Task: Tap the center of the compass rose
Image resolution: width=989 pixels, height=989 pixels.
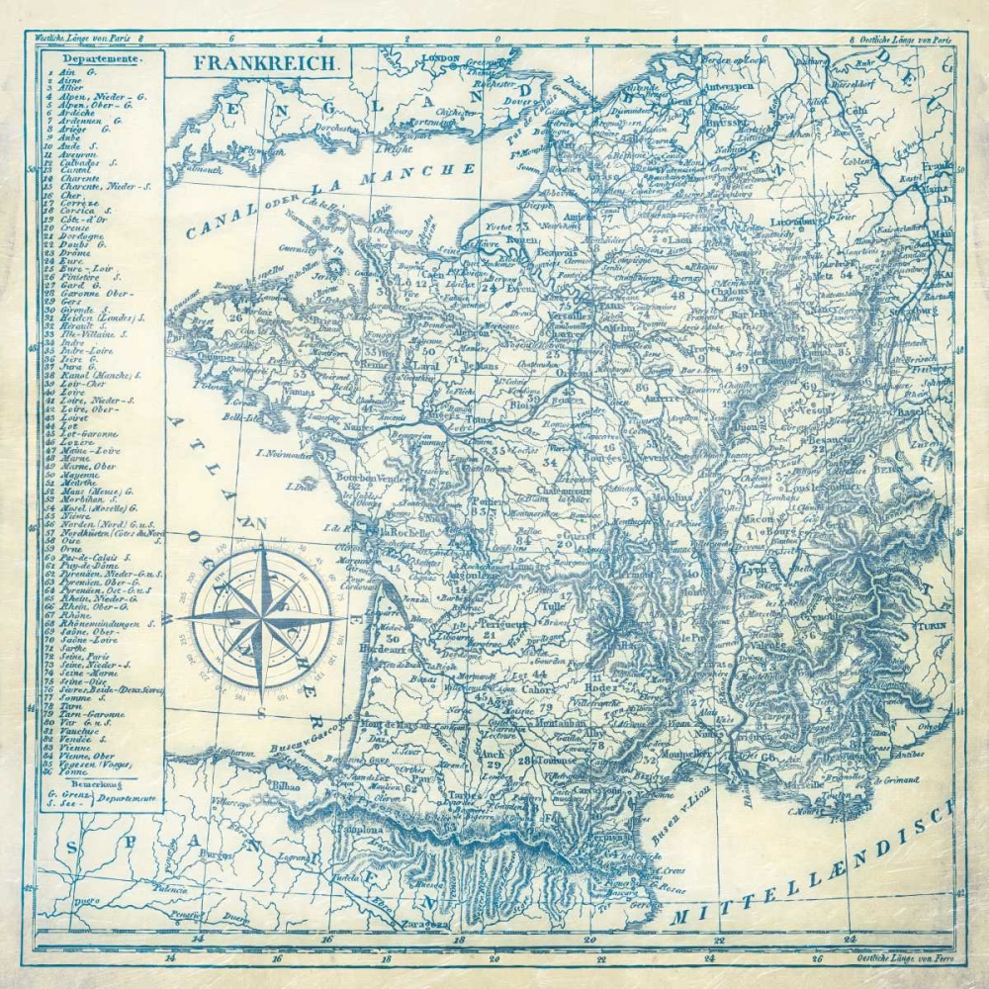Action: pyautogui.click(x=262, y=615)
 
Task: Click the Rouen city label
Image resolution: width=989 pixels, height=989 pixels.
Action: pyautogui.click(x=521, y=238)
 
